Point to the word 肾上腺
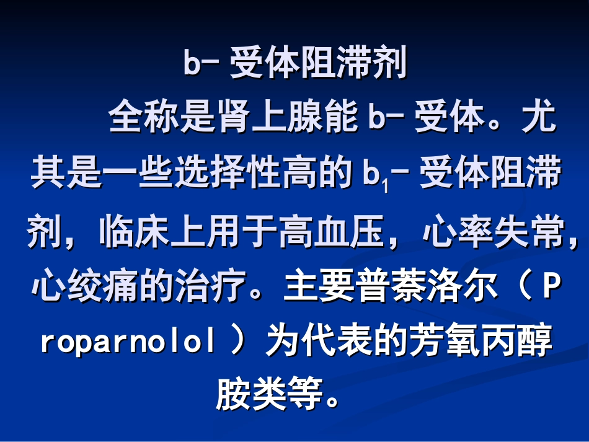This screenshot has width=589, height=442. coord(269,118)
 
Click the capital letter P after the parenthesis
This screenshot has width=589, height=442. coord(551,288)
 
